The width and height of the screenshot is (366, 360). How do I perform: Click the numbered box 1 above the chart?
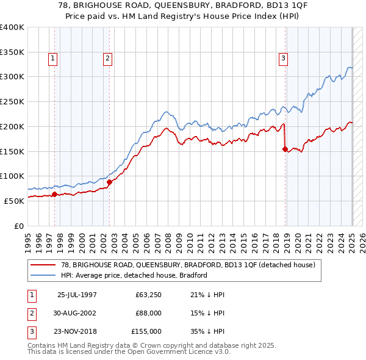point(53,59)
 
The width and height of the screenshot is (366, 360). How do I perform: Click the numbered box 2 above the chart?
point(107,59)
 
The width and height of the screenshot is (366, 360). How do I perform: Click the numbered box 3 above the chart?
point(284,59)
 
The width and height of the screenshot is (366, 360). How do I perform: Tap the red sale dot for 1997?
point(54,195)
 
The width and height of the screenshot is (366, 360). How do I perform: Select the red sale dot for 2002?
point(109,181)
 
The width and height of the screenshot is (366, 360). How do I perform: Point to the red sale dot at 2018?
point(285,148)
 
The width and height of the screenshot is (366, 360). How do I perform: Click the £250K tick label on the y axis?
point(12,101)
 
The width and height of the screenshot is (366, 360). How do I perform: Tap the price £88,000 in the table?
point(148,313)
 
